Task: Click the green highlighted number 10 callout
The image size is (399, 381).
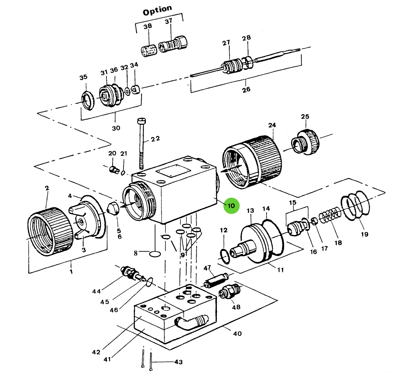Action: pos(231,206)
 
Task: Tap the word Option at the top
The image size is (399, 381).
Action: pos(157,11)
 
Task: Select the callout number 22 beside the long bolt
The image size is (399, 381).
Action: pos(155,138)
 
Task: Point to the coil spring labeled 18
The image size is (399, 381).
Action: pos(329,215)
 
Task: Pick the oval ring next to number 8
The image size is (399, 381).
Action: pos(155,254)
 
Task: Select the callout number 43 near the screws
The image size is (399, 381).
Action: pos(178,362)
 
